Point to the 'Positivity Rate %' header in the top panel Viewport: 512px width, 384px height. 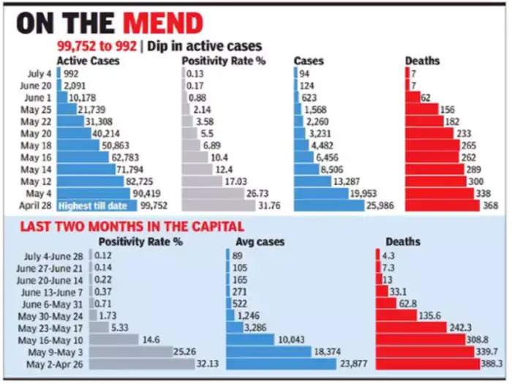point(224,61)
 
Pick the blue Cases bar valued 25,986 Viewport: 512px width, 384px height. point(328,206)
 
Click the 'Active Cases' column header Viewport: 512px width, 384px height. point(88,61)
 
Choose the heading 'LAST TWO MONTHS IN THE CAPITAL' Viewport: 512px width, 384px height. point(121,227)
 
